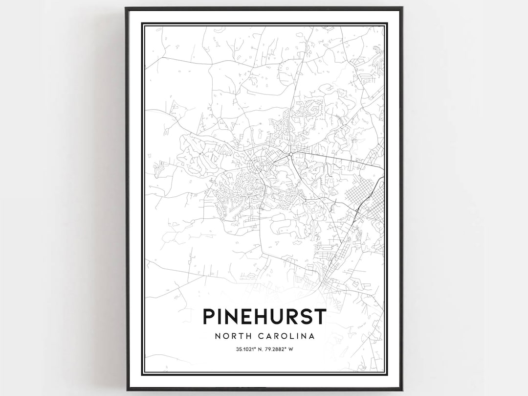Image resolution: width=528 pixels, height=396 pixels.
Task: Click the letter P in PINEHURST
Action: [x=209, y=316]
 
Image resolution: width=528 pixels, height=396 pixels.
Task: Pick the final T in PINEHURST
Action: [x=320, y=316]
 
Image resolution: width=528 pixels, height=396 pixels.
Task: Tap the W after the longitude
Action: [x=291, y=349]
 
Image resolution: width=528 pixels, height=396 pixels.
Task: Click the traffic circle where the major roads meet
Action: [x=291, y=155]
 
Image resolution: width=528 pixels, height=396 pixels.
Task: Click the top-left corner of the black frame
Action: [x=126, y=8]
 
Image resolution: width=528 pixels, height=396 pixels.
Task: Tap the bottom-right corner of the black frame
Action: [x=402, y=390]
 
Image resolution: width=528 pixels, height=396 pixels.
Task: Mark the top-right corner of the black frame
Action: [x=402, y=8]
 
